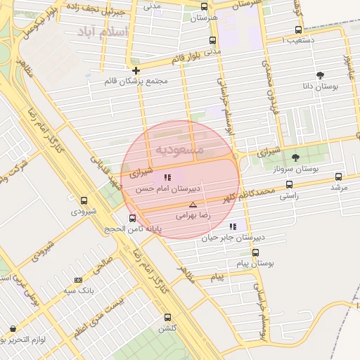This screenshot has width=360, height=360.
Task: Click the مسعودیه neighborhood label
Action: point(179,150)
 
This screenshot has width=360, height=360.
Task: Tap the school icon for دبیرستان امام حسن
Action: point(167,176)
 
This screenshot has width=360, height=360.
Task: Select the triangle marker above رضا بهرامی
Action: point(193,205)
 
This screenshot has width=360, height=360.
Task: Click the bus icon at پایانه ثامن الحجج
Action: point(133,217)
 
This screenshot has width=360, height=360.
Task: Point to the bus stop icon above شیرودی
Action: point(84,200)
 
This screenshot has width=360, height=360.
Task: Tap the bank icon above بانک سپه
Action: point(78,280)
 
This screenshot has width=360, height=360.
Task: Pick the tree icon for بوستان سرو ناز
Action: point(295,157)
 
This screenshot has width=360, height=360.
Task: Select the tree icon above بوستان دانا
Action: point(321,75)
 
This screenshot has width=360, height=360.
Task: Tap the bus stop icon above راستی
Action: point(289,185)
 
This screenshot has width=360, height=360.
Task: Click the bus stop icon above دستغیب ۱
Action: point(299,30)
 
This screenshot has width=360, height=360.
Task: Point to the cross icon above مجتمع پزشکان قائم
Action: point(136,70)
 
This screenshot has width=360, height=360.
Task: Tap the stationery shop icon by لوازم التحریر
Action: point(12,328)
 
